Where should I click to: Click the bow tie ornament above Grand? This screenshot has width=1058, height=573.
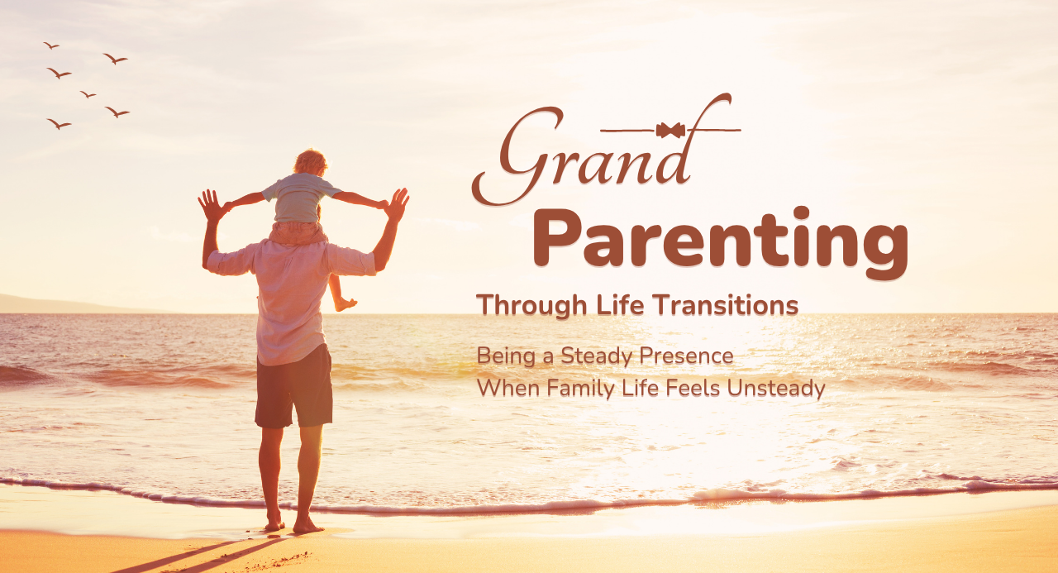670,130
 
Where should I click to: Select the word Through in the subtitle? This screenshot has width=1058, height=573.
531,305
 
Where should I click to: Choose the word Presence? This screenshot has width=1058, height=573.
686,356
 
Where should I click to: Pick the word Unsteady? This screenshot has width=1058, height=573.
776,389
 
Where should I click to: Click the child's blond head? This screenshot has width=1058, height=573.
310,162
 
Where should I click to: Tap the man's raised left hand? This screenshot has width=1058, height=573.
211,205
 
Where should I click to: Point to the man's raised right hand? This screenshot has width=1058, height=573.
397,204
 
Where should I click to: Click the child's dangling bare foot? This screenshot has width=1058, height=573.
346,304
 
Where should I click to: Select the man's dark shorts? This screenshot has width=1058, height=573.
293,387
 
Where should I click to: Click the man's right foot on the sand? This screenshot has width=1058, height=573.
307,525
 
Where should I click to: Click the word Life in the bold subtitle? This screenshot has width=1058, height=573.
620,304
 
